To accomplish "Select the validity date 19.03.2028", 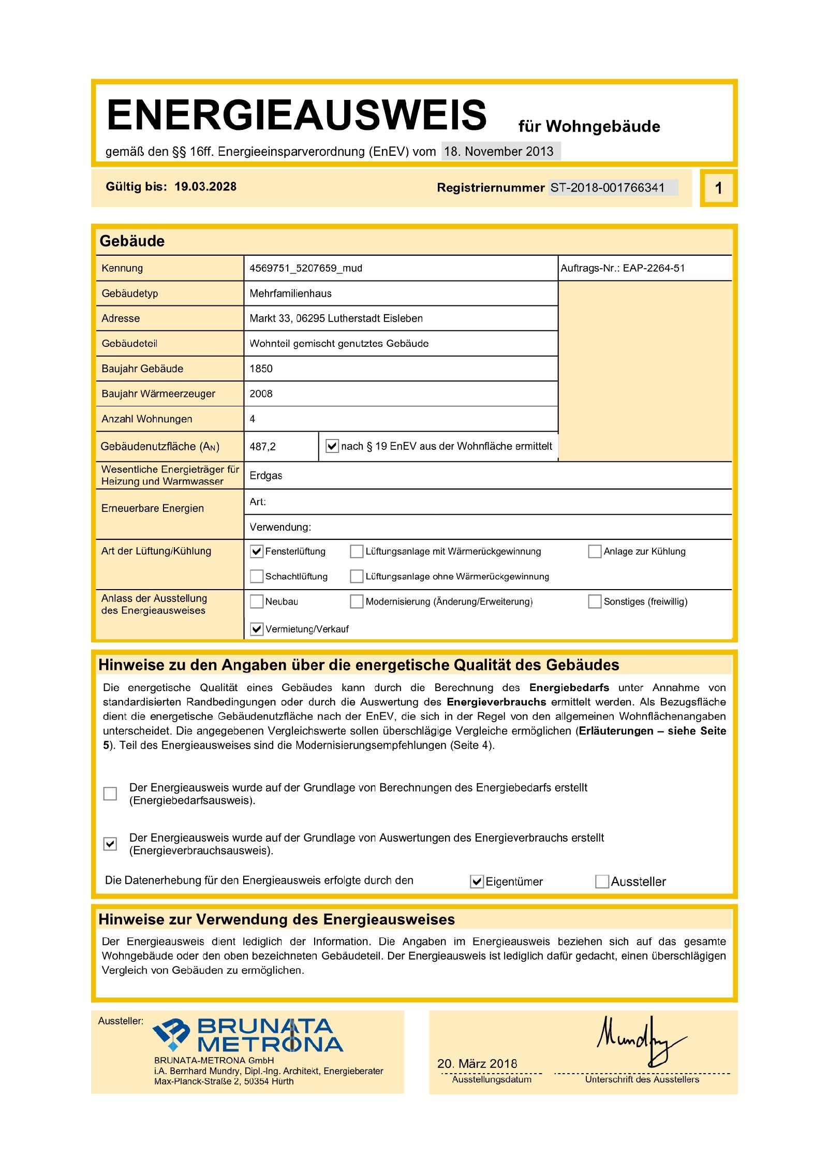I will (205, 187).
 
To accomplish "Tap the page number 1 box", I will (718, 188).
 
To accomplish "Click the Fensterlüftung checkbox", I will (257, 551).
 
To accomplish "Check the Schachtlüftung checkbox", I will (257, 576).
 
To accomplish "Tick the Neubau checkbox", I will (257, 602).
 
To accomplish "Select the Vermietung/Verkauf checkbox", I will (257, 629).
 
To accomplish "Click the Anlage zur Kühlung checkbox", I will (595, 551).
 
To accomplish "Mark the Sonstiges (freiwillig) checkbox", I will (595, 602).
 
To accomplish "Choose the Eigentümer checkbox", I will (477, 882).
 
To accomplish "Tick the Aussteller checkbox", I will (602, 882).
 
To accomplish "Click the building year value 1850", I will (261, 369).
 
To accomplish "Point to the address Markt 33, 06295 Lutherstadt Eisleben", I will (336, 318).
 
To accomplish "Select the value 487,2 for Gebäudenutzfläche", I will (262, 446).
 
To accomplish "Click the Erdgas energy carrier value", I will (266, 476).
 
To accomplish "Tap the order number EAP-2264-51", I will (654, 268).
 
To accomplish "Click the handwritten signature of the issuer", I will (639, 1041).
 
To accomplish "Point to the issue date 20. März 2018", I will (477, 1064).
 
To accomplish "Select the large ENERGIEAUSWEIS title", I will (297, 115).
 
